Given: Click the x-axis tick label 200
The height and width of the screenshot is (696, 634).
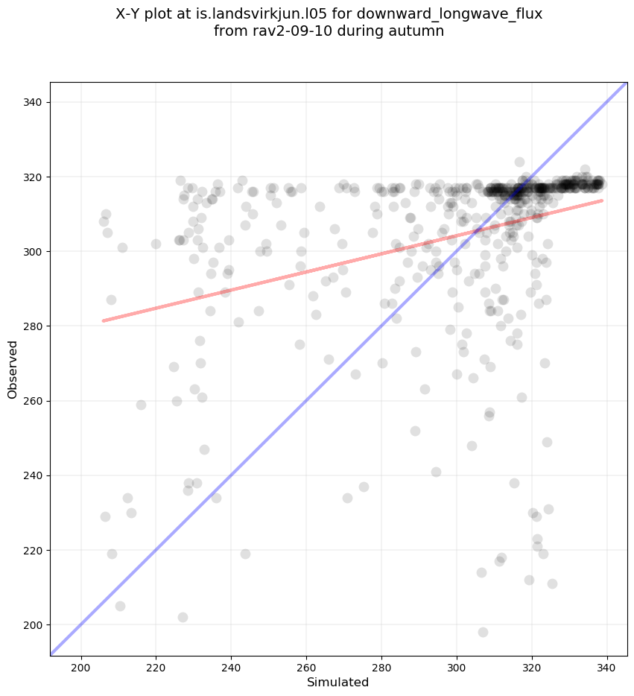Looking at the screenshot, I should coord(80,665).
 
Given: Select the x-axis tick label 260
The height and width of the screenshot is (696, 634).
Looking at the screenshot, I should coord(306,665).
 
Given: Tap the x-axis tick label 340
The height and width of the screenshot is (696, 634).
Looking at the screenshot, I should coord(607,665).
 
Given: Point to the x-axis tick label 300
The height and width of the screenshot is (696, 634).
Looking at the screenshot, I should coord(457,665).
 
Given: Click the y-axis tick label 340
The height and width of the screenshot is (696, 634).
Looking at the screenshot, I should coord(34,103).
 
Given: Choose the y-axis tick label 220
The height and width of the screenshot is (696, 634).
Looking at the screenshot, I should coord(34,550).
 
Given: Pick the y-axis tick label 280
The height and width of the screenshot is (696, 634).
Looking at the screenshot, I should coord(34,326).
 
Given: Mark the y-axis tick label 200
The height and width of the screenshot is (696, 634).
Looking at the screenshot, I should coord(34,624).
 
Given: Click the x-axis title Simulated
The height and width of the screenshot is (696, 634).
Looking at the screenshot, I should coord(338,682).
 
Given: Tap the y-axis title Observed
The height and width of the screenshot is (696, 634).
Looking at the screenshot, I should coord(13,370).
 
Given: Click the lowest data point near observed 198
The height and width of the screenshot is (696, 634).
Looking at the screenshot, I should coord(483,632).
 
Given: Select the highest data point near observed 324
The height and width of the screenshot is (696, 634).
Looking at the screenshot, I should coord(519,162).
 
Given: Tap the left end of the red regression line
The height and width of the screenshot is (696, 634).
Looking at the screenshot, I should coord(104,321).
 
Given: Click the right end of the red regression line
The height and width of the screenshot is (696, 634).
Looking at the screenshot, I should coord(602,200).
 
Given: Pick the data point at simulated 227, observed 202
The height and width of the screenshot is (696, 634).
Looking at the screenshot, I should coord(183,617).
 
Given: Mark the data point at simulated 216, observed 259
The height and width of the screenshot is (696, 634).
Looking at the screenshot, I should coord(141,405).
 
